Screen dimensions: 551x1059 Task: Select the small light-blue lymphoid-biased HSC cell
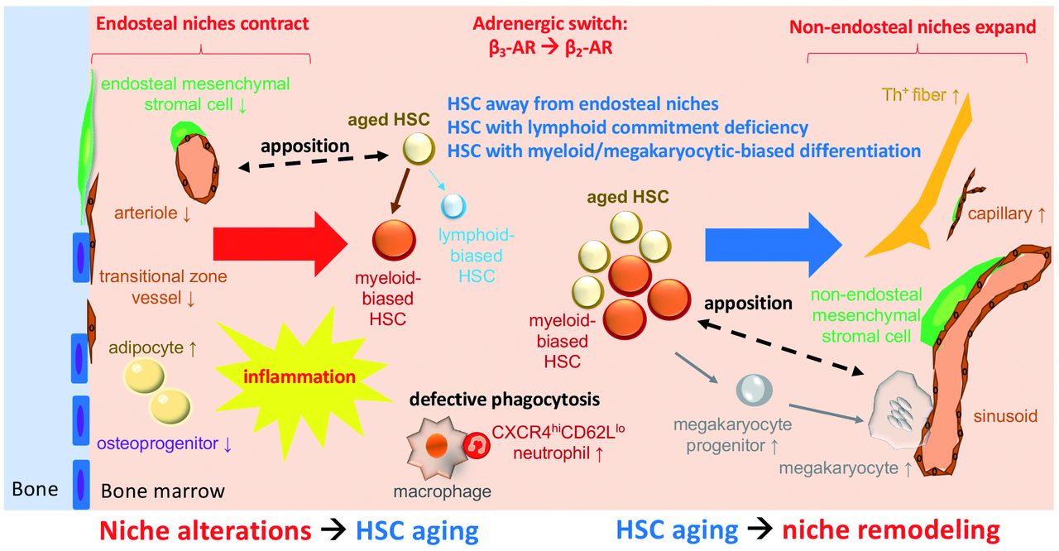click(453, 204)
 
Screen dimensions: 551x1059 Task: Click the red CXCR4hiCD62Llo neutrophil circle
click(478, 445)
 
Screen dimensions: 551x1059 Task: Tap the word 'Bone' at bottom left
click(35, 488)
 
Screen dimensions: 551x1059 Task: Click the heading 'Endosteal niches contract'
click(203, 23)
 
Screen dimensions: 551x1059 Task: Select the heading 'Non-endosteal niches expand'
click(913, 26)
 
